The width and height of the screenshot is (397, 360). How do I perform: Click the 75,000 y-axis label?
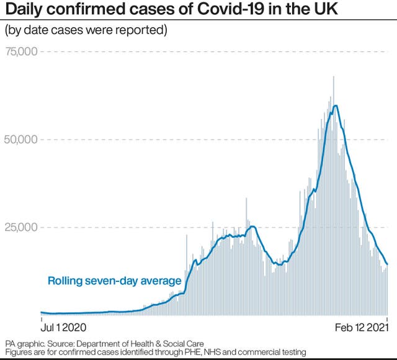pyautogui.click(x=21, y=51)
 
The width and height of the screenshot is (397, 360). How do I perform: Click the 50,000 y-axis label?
pyautogui.click(x=21, y=139)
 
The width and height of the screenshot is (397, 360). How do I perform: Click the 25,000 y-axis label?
pyautogui.click(x=21, y=227)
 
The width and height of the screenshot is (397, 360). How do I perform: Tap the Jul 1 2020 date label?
pyautogui.click(x=63, y=326)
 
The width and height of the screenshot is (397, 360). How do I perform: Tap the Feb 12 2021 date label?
pyautogui.click(x=360, y=326)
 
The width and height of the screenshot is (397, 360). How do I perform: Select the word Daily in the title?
pyautogui.click(x=24, y=11)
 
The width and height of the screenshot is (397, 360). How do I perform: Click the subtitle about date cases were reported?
pyautogui.click(x=87, y=30)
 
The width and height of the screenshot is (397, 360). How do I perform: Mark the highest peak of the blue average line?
pyautogui.click(x=336, y=105)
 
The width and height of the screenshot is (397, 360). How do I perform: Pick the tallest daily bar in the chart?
pyautogui.click(x=334, y=77)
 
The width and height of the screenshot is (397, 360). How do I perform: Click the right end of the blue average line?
pyautogui.click(x=387, y=265)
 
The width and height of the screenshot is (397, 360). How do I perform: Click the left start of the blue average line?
pyautogui.click(x=41, y=312)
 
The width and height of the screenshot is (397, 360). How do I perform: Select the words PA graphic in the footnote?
pyautogui.click(x=24, y=343)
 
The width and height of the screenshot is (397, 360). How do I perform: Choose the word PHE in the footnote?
pyautogui.click(x=194, y=352)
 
